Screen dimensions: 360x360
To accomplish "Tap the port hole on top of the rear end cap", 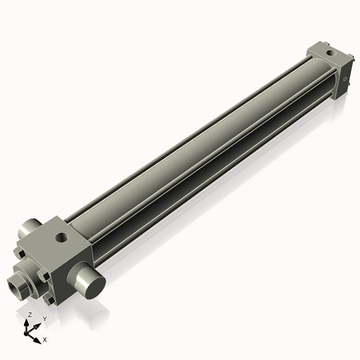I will [329, 53].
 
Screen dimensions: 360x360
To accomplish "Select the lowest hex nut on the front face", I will [49, 296].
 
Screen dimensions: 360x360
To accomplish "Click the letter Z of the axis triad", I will [29, 315].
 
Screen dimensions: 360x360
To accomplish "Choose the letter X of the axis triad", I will [45, 338].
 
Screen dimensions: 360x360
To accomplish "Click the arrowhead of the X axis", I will [37, 338].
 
